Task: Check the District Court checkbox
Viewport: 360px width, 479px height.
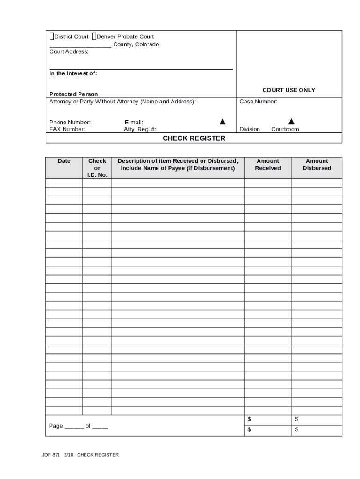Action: coord(51,36)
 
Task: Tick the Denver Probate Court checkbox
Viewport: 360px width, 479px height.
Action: coord(94,36)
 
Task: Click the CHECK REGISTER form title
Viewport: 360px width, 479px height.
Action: coord(194,138)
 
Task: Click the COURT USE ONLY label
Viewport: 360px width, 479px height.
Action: coord(288,90)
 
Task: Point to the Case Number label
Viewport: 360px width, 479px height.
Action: coord(258,102)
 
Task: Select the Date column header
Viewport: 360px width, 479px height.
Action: coord(64,161)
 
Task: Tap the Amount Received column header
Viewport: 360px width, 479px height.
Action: coord(268,165)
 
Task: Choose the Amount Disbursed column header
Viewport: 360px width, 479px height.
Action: coord(317,165)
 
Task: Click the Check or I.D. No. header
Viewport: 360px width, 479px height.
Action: coord(97,168)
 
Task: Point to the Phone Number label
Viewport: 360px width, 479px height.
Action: coord(70,123)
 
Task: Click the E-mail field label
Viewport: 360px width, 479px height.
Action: coord(134,123)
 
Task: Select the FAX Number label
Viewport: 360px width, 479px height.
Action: coord(67,129)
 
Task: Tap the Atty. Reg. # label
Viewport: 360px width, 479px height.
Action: coord(140,129)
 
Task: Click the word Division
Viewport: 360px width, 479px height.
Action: coord(250,129)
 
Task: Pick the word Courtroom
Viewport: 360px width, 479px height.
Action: coord(285,129)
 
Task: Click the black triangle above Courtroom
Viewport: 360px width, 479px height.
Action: coord(291,122)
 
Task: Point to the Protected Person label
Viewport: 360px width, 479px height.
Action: coord(74,94)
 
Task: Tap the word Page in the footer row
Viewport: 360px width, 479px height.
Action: coord(56,426)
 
